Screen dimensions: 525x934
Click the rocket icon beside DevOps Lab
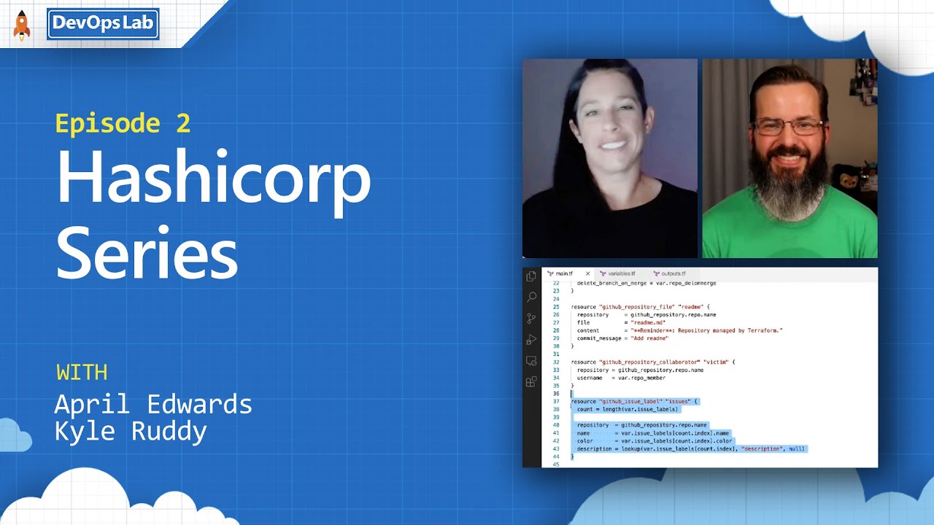tap(22, 26)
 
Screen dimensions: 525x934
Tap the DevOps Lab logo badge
tap(103, 24)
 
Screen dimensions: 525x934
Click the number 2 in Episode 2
tap(182, 123)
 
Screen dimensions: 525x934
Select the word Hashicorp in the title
tap(213, 179)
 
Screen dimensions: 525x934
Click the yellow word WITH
tap(82, 373)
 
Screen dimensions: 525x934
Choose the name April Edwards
tap(153, 404)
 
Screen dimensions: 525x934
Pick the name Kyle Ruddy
tap(131, 432)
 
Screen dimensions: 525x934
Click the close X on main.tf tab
tap(587, 273)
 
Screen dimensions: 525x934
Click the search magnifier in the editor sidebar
tap(531, 297)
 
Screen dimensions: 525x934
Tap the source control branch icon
tap(531, 318)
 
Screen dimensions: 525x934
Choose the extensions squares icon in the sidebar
tap(531, 381)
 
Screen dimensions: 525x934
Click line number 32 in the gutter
tap(556, 362)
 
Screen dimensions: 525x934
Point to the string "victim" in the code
tap(715, 362)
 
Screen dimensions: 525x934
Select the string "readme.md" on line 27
tap(648, 322)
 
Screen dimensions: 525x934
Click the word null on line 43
tap(796, 448)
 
